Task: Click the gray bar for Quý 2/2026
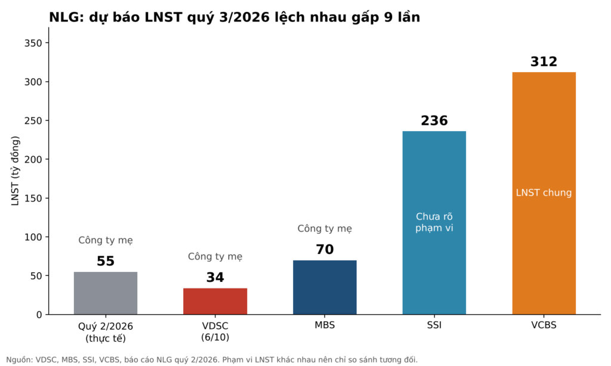(106, 293)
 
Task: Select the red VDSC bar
(215, 302)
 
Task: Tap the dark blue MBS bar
(325, 287)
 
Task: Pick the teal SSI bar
(434, 223)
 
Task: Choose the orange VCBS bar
(544, 193)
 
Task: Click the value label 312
(544, 61)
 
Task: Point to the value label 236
(434, 120)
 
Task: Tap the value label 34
(215, 277)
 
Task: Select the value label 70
(325, 249)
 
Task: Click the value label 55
(106, 261)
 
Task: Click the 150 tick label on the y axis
(33, 198)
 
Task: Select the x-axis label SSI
(434, 325)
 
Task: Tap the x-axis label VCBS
(544, 325)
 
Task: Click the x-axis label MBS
(325, 325)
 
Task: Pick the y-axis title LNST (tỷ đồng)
(15, 171)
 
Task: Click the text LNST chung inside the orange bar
(544, 193)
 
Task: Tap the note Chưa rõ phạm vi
(434, 222)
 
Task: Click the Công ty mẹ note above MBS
(325, 228)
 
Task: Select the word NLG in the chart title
(64, 17)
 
